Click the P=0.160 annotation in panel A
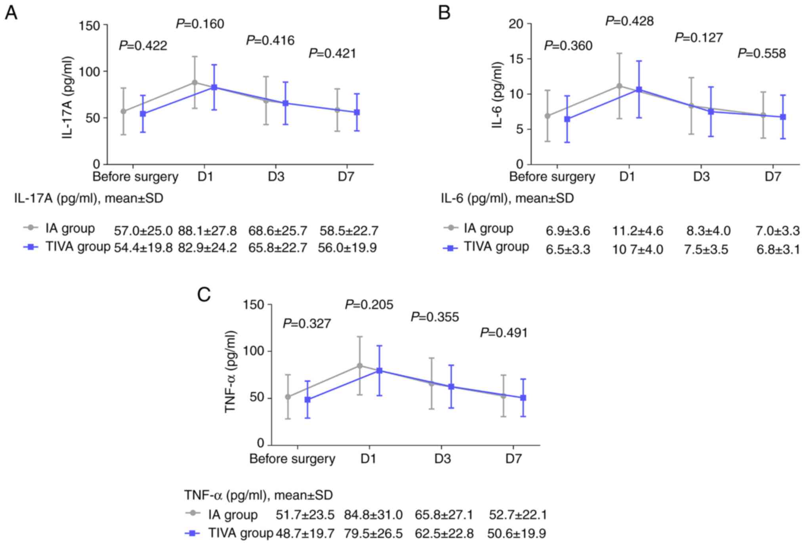[200, 24]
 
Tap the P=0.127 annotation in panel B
[699, 38]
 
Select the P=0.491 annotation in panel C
[504, 333]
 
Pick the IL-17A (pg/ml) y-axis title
[68, 97]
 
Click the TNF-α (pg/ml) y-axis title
[231, 372]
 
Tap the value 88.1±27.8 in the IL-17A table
[207, 231]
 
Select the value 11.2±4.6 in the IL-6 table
[637, 231]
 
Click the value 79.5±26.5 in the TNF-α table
[373, 533]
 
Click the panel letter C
[204, 295]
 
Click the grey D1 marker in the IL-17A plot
[195, 83]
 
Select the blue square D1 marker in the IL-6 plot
[639, 90]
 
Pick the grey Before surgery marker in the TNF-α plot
[288, 397]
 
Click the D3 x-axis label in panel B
[701, 177]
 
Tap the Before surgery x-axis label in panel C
[292, 459]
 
